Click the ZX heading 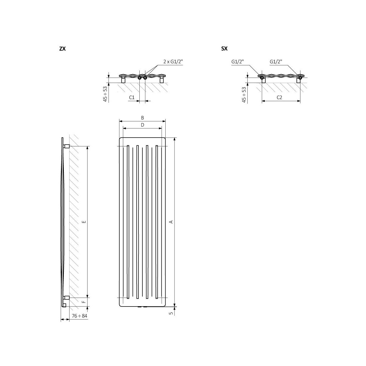63,49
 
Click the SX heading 224,49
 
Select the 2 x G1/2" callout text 173,62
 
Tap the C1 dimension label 132,97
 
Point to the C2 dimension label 279,97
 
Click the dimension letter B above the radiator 142,118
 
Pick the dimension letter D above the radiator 142,125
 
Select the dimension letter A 171,222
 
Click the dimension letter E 84,222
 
